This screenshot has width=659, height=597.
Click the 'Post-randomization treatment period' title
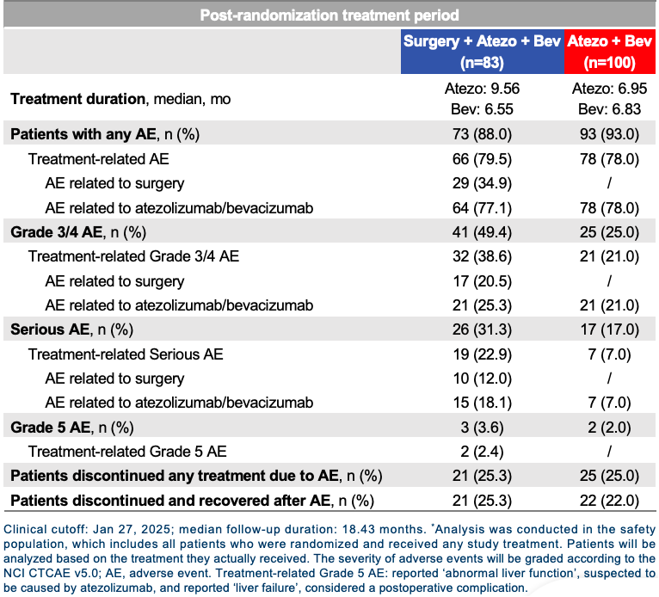pos(329,15)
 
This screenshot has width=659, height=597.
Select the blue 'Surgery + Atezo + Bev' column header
pos(482,52)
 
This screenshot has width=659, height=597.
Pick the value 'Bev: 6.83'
pos(609,109)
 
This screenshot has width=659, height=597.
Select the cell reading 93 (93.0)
pos(609,134)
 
